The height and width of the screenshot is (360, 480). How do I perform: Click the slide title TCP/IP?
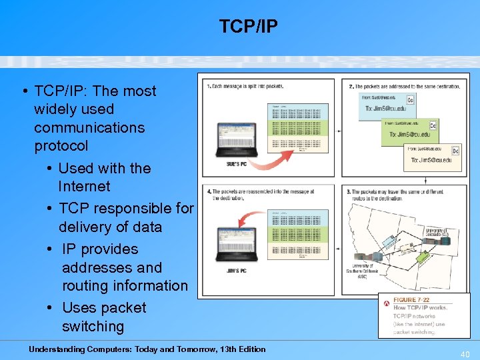point(248,26)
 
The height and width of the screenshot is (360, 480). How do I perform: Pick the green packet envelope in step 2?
point(409,131)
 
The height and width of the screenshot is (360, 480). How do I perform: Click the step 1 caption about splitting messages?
point(245,87)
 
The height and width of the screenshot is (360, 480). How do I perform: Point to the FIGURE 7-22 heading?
point(411,301)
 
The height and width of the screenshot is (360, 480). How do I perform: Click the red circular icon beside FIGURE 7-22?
point(386,303)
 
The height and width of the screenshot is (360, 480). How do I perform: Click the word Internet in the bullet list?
point(84,186)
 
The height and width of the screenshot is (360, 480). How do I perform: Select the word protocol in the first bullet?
point(61,145)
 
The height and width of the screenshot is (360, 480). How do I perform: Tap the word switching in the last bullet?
point(93,326)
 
